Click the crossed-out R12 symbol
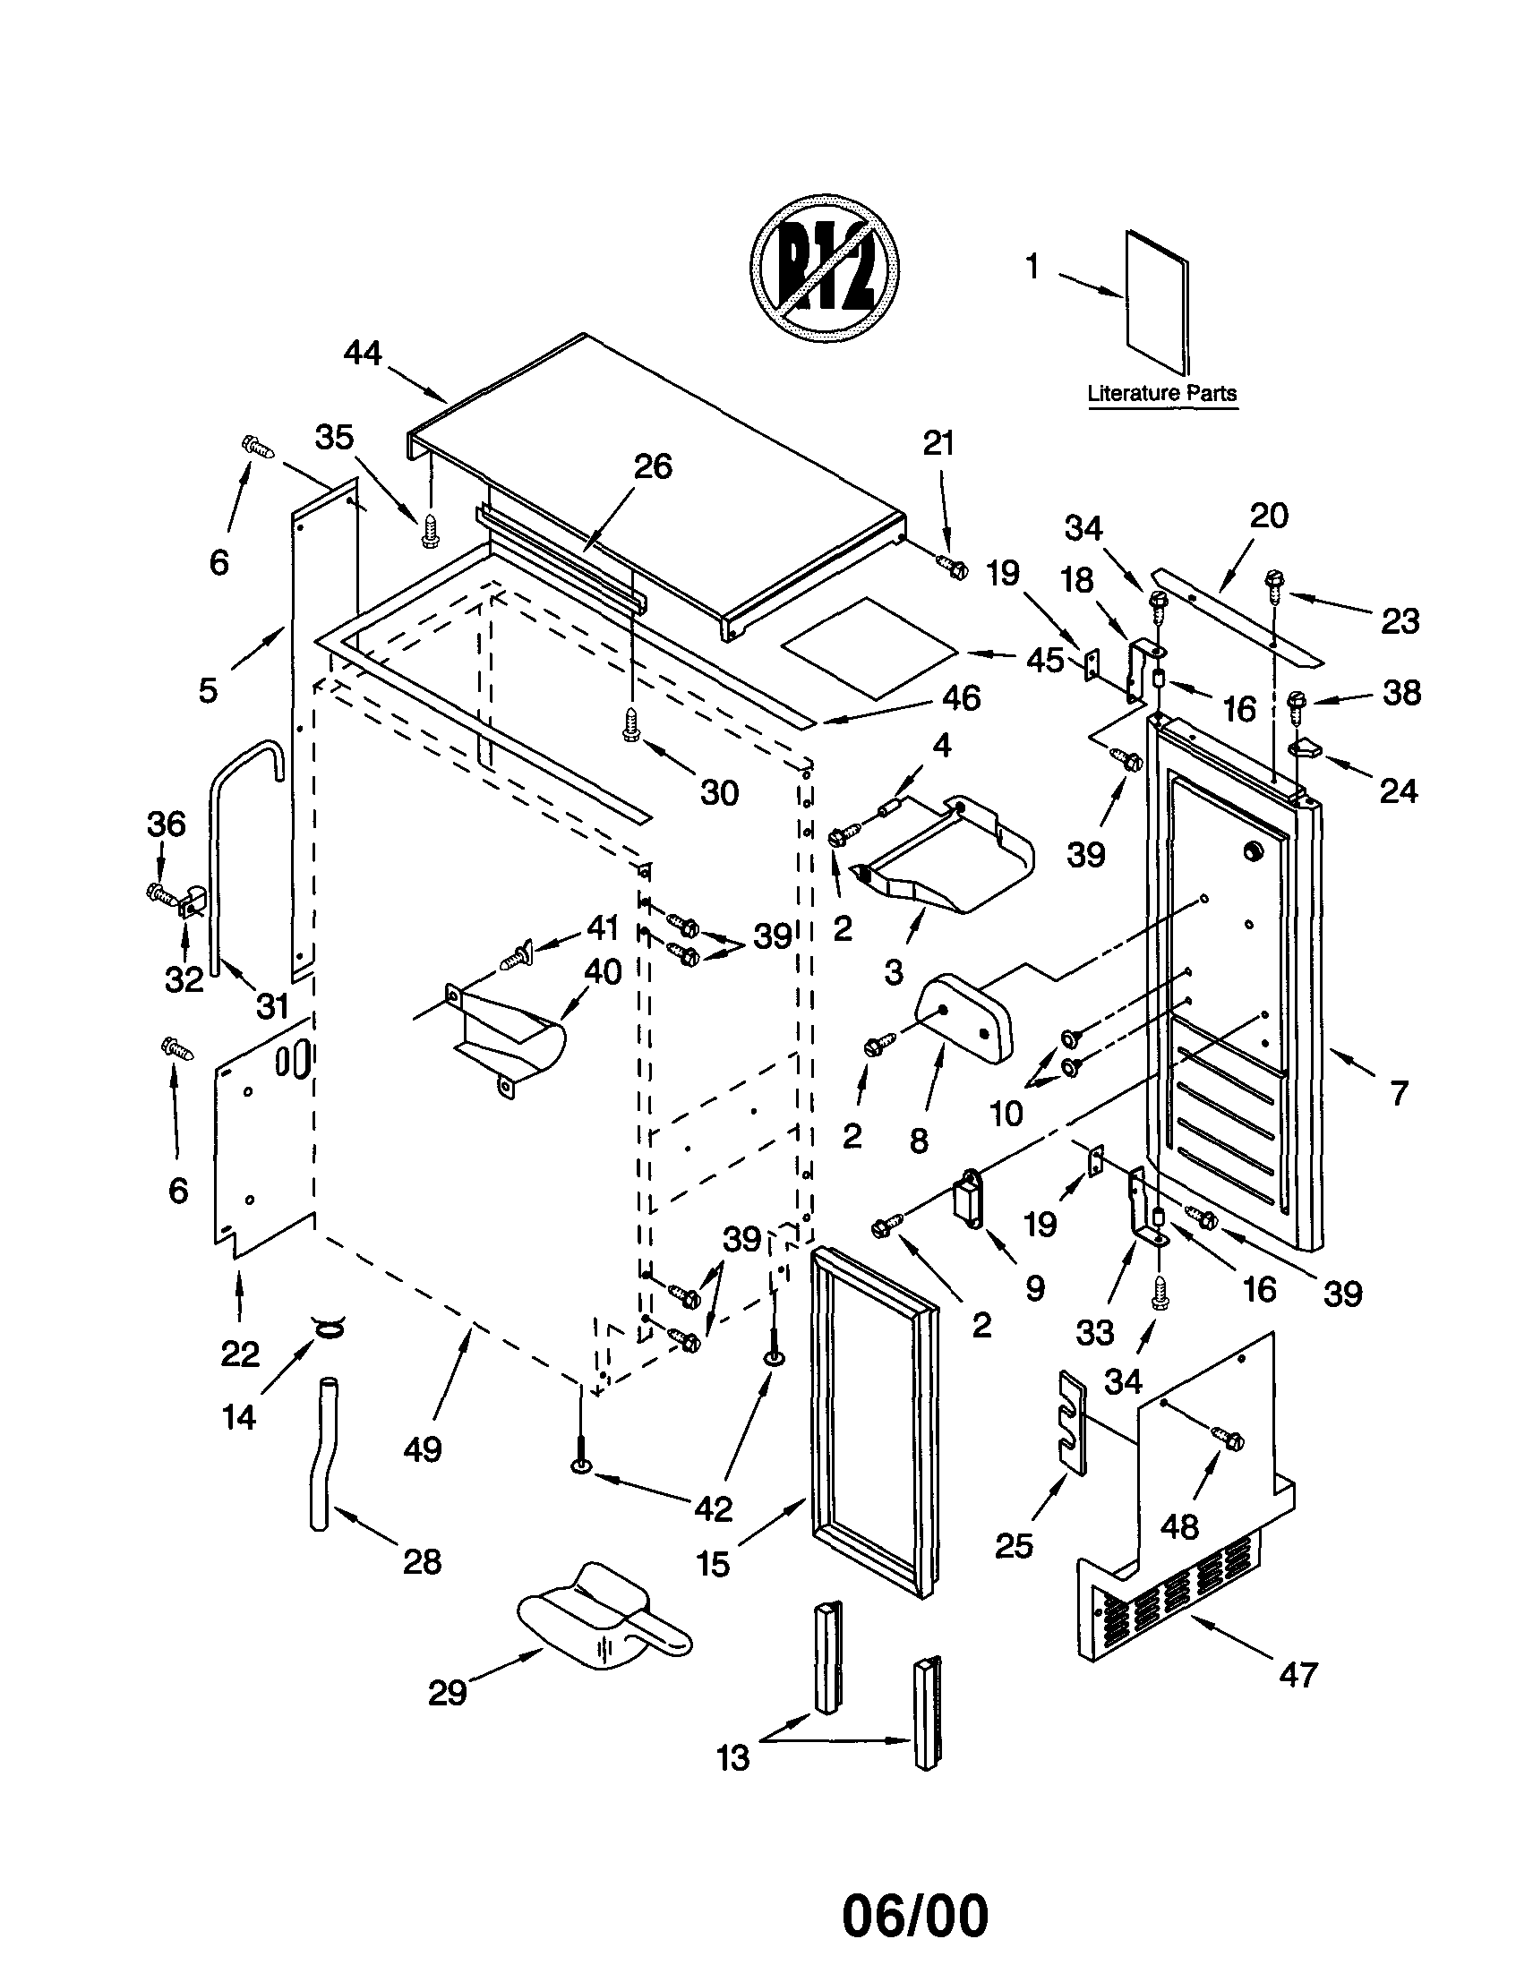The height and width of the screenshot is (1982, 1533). [x=824, y=269]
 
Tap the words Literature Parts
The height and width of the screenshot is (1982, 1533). [x=1161, y=394]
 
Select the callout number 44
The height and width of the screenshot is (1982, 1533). [x=362, y=352]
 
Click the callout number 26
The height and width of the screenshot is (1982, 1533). [x=652, y=466]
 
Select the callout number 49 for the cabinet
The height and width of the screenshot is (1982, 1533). [x=423, y=1448]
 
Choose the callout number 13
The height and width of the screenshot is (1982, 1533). [x=732, y=1758]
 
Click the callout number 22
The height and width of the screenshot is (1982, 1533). [x=240, y=1354]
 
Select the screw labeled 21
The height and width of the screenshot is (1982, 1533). [x=955, y=568]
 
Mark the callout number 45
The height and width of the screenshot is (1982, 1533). [x=1045, y=660]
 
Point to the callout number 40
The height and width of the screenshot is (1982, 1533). [x=603, y=972]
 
